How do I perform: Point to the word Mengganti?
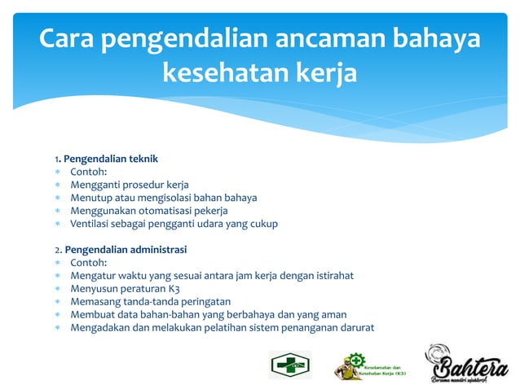(96, 185)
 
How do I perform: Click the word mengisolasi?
(162, 198)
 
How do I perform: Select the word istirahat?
(328, 276)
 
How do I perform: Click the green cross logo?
(290, 365)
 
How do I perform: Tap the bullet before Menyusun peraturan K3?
(58, 289)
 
